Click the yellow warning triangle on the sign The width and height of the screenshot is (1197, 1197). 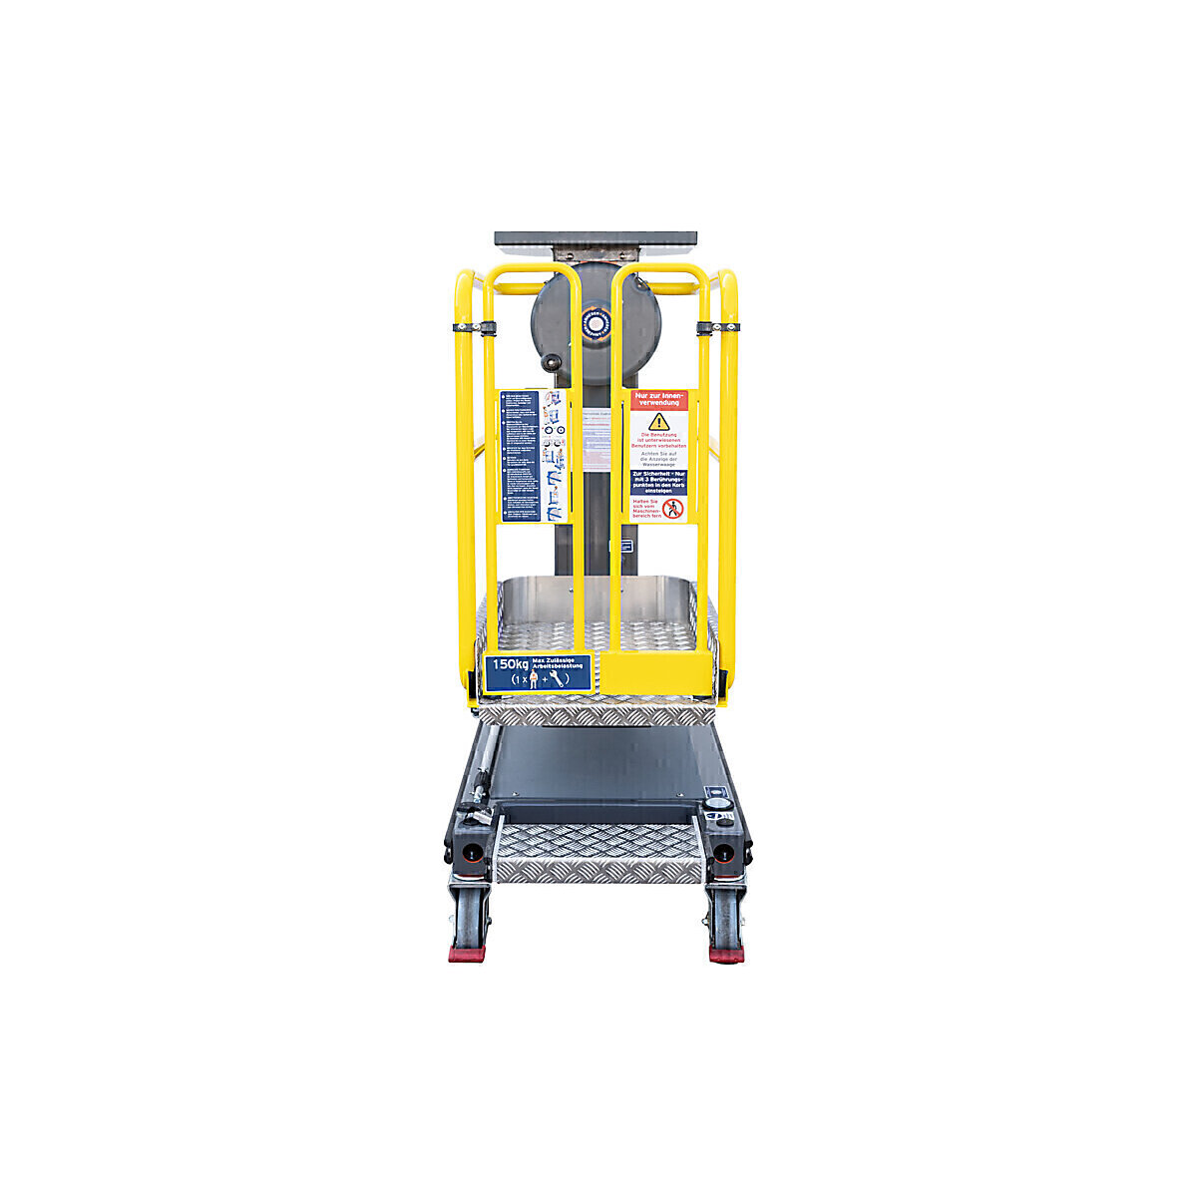[x=658, y=422]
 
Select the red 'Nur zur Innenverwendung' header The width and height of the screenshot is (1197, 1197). [x=658, y=400]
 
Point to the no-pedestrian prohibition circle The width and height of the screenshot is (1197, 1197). [x=672, y=509]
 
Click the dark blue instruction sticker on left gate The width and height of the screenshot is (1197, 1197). [x=519, y=456]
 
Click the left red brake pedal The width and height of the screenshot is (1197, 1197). [x=467, y=953]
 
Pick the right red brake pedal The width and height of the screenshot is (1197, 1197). [x=726, y=953]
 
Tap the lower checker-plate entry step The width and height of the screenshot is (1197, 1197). [x=598, y=853]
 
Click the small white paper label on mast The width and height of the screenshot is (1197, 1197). [x=597, y=439]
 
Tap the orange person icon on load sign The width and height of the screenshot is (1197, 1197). [x=534, y=679]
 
